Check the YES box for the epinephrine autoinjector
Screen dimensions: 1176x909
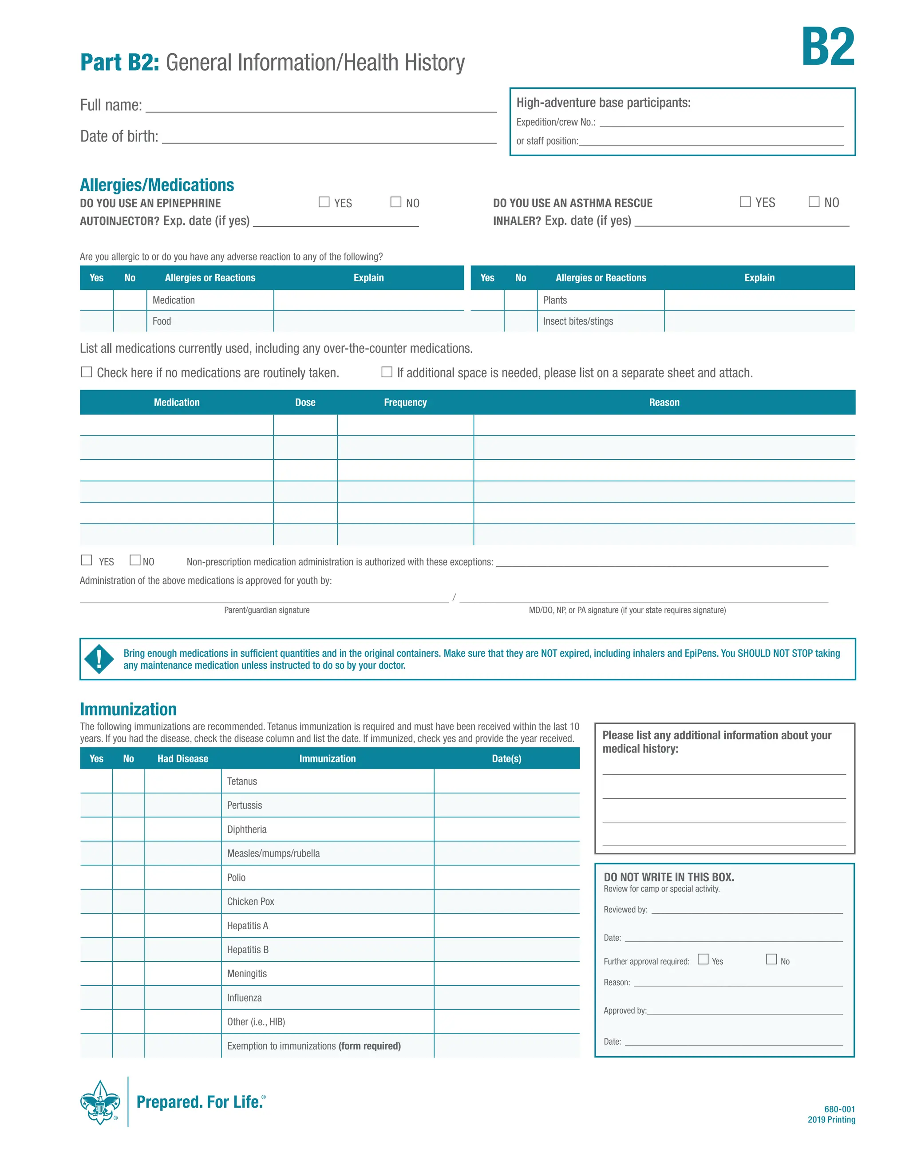pyautogui.click(x=324, y=202)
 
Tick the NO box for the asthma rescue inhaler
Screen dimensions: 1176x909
pyautogui.click(x=814, y=201)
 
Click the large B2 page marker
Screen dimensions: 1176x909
pyautogui.click(x=827, y=47)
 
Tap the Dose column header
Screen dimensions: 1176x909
pyautogui.click(x=305, y=402)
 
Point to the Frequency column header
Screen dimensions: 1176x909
pyautogui.click(x=405, y=402)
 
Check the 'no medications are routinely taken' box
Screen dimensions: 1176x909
pyautogui.click(x=86, y=372)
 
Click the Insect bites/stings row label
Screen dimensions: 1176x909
pyautogui.click(x=578, y=321)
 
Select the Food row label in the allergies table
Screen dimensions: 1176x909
pyautogui.click(x=162, y=321)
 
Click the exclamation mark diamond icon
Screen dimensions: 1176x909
pyautogui.click(x=99, y=659)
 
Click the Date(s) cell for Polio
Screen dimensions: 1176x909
pyautogui.click(x=506, y=878)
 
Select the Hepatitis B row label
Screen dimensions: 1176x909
pyautogui.click(x=248, y=950)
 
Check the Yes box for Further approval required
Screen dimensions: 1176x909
pyautogui.click(x=703, y=959)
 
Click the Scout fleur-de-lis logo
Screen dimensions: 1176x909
pyautogui.click(x=100, y=1102)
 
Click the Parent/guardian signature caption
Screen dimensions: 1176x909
pyautogui.click(x=267, y=610)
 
